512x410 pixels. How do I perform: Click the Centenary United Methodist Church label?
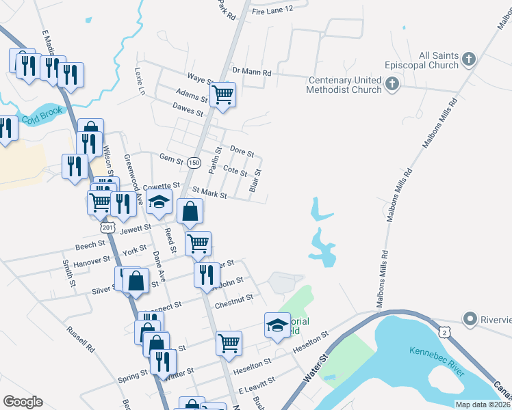point(344,85)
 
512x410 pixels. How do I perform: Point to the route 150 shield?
point(194,162)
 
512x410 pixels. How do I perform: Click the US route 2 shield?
point(447,331)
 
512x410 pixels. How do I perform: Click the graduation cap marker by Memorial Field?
point(277,325)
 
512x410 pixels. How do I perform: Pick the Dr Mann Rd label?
point(252,71)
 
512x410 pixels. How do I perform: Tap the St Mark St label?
point(209,194)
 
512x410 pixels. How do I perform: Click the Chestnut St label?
point(234,297)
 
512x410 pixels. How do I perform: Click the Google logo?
point(23,402)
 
